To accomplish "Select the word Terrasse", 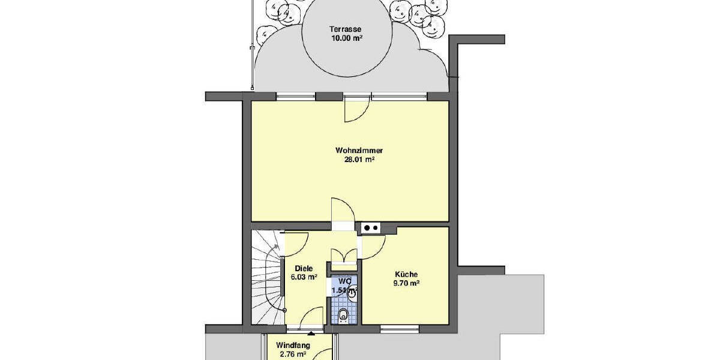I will pos(344,29).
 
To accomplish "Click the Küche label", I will pos(406,274).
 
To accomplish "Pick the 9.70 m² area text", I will pos(406,283).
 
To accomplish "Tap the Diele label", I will pos(304,268).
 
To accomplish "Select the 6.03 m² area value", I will pos(304,277).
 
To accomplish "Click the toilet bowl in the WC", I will pos(343,314).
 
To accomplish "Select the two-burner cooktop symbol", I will pos(370,227).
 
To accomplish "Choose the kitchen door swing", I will pos(373,245).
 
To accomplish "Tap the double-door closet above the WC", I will pos(343,256).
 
